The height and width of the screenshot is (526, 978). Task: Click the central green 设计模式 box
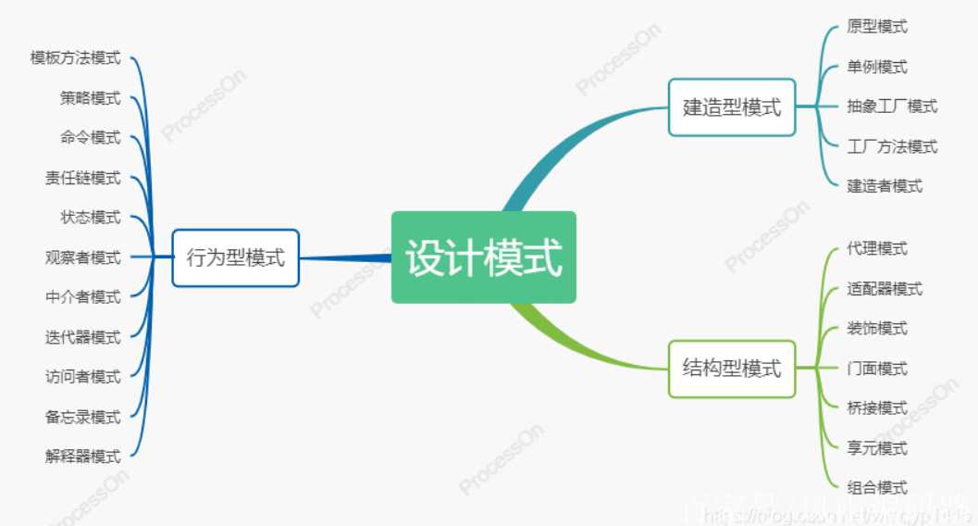(x=483, y=257)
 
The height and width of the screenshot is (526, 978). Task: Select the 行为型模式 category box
(x=235, y=257)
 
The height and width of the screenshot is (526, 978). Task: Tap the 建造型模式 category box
(x=731, y=107)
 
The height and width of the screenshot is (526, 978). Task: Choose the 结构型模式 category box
(x=731, y=369)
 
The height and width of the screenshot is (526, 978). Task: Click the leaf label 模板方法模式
(x=75, y=57)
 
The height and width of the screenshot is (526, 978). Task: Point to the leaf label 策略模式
(x=90, y=97)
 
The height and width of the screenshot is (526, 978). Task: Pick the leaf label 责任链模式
(x=82, y=177)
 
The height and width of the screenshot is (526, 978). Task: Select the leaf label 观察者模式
(x=82, y=257)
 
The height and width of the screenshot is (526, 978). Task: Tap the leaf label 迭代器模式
(x=82, y=336)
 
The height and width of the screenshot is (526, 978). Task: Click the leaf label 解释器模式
(x=82, y=456)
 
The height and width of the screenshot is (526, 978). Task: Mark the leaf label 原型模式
(x=877, y=27)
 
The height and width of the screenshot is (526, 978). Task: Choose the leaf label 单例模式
(x=877, y=67)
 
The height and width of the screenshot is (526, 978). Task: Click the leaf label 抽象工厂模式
(x=892, y=106)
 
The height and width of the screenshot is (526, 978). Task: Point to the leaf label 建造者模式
(x=885, y=186)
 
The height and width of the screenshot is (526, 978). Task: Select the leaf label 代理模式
(x=877, y=248)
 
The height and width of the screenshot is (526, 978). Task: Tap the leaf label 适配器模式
(x=885, y=289)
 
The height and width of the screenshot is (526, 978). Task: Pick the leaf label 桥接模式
(x=877, y=407)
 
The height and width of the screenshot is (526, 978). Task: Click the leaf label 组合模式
(x=877, y=487)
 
